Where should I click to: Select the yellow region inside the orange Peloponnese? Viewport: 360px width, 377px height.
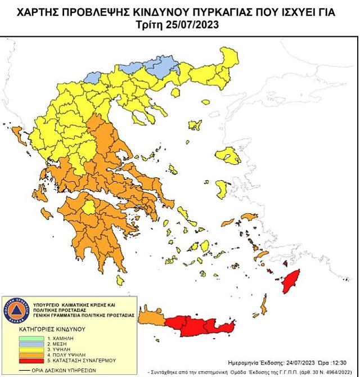(x=89, y=210)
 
